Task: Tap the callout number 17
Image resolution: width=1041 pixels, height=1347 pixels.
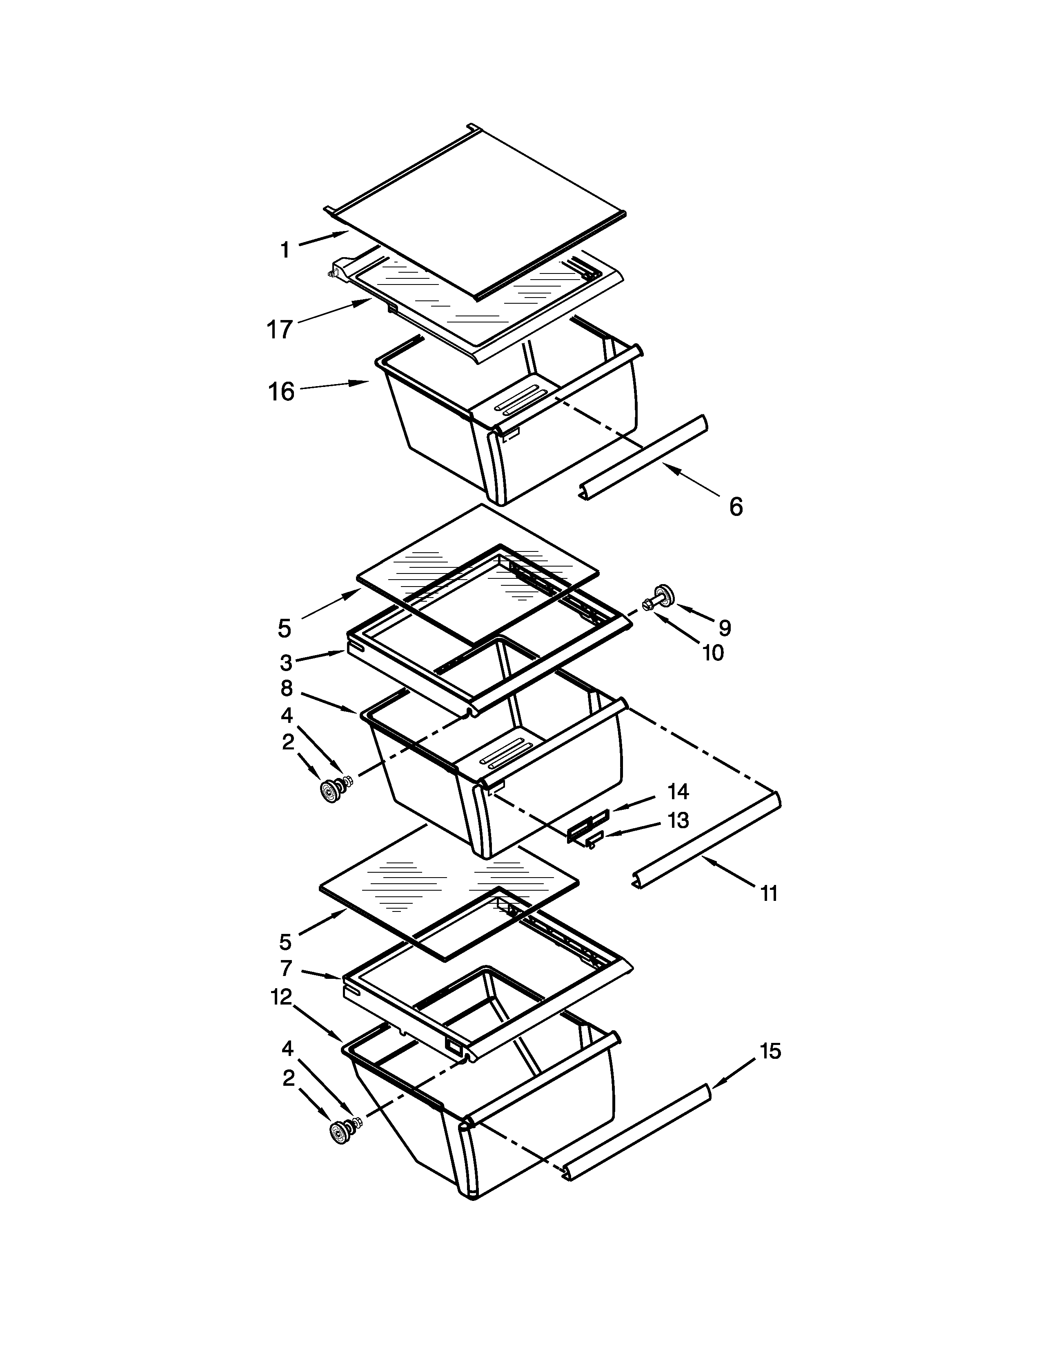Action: click(x=279, y=329)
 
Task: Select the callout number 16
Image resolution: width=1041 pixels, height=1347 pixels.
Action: click(x=281, y=391)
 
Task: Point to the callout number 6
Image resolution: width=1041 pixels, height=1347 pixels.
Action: click(x=736, y=507)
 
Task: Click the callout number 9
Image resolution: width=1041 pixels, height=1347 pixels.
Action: click(x=725, y=628)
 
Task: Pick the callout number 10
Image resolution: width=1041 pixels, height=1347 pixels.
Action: click(x=713, y=653)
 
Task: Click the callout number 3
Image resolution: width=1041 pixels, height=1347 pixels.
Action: click(x=285, y=663)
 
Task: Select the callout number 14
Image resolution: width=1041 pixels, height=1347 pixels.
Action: click(x=678, y=791)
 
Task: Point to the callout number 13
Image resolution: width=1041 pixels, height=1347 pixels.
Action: click(x=678, y=820)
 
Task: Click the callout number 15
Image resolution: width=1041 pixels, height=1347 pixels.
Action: click(x=770, y=1051)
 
